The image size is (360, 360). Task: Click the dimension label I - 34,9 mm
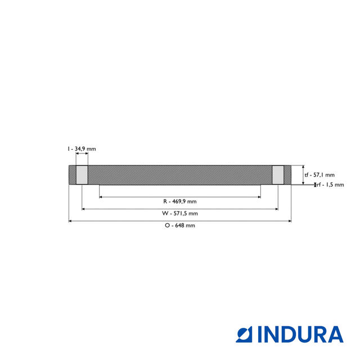(82, 148)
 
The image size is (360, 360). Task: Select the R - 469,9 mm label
(180, 201)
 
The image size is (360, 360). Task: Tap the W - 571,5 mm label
(180, 214)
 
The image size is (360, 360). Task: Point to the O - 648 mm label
(180, 226)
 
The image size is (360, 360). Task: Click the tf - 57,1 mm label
(319, 175)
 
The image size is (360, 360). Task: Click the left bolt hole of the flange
(82, 174)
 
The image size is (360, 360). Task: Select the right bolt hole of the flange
(278, 174)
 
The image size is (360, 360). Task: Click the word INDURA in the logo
(300, 335)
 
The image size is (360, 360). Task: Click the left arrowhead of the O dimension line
(70, 221)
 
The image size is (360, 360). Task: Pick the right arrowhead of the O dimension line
(290, 221)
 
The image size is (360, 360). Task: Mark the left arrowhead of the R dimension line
(101, 197)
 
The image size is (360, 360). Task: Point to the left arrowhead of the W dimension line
(84, 209)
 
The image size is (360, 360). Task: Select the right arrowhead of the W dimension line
(276, 209)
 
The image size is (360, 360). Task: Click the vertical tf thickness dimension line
(303, 174)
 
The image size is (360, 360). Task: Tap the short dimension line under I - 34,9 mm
(82, 154)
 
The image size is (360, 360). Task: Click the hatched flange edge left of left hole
(72, 174)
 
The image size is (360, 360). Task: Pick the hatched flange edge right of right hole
(288, 174)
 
